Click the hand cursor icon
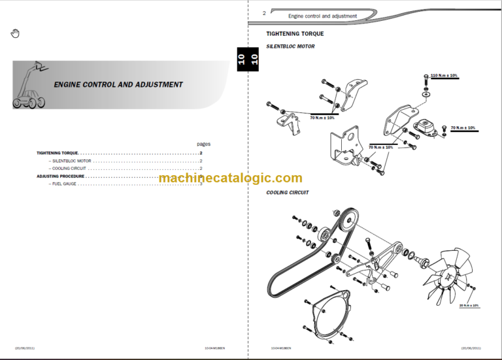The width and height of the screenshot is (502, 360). (16, 33)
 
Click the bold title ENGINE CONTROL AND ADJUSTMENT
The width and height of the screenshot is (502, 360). (118, 84)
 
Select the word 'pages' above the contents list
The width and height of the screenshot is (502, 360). (204, 144)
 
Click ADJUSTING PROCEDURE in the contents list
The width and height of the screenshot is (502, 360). (60, 176)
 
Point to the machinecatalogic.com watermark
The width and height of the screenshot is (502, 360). (230, 178)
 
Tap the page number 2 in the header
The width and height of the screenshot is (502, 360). (264, 13)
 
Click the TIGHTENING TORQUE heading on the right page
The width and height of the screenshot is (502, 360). (295, 33)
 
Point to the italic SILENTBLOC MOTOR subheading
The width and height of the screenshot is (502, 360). (290, 46)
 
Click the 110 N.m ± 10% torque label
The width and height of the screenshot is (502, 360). (444, 76)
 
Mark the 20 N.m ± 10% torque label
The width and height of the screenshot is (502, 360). (468, 305)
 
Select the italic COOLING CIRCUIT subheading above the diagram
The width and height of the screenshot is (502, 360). (288, 193)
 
